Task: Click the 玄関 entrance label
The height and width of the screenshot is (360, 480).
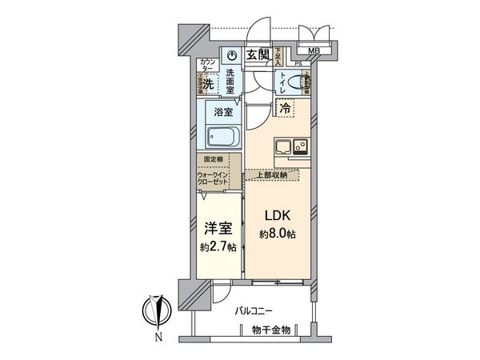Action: click(x=258, y=54)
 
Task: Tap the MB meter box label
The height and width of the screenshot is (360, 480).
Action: click(x=314, y=52)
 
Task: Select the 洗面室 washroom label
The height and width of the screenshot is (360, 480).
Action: click(x=230, y=82)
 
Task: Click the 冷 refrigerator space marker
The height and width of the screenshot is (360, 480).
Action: click(x=285, y=106)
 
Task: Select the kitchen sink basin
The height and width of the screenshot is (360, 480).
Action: click(x=283, y=146)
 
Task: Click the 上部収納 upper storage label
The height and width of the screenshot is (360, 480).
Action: click(x=270, y=173)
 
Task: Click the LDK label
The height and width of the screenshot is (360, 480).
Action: click(x=275, y=216)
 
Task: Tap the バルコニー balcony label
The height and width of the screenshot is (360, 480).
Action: click(x=254, y=309)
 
